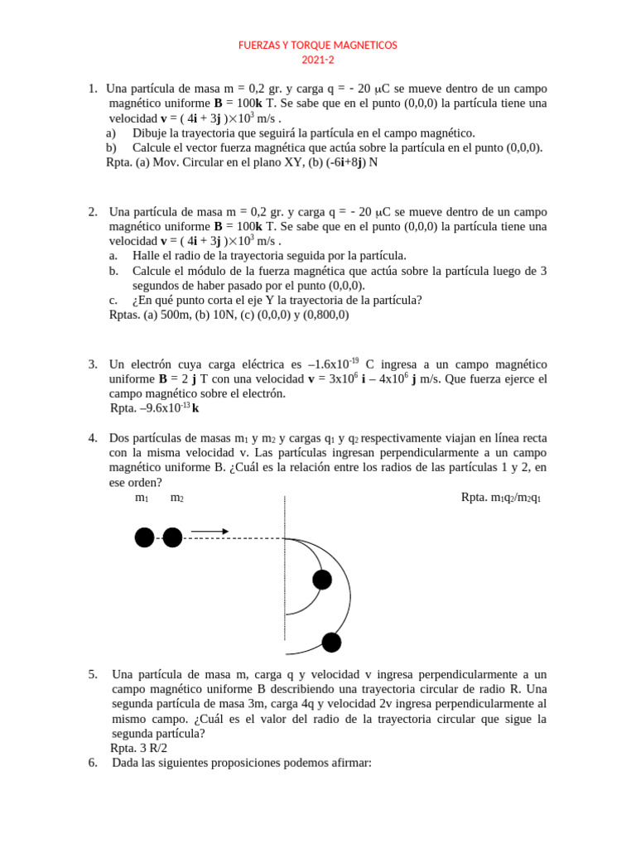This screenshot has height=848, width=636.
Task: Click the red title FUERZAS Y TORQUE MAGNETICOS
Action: pos(318,45)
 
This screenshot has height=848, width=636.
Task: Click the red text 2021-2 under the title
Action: pos(318,60)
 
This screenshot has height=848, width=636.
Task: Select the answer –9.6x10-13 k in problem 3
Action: pos(155,407)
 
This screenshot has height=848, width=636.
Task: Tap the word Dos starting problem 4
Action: pos(121,437)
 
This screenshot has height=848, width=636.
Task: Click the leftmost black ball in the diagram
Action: pos(144,538)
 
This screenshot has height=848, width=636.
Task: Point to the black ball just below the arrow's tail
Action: pos(172,538)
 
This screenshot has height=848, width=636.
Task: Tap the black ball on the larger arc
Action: pos(331,642)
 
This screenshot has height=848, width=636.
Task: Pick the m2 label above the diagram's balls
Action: pos(176,498)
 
